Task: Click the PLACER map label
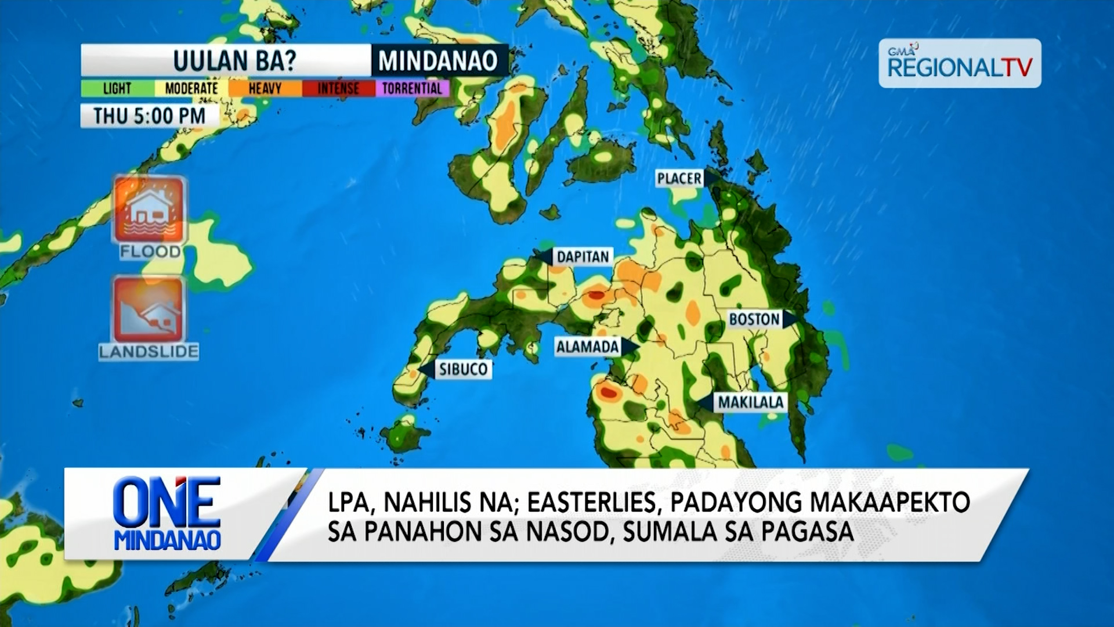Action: click(x=679, y=179)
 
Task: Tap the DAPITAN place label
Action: click(x=583, y=257)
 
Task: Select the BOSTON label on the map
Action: click(x=754, y=319)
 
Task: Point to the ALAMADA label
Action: click(x=587, y=347)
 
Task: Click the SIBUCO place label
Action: click(x=463, y=369)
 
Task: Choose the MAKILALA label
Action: click(x=751, y=402)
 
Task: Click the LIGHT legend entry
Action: click(x=117, y=88)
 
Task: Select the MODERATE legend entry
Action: click(x=191, y=88)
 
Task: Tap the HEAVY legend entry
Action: click(x=265, y=88)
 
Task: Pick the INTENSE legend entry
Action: click(x=338, y=88)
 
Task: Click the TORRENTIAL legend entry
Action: click(x=412, y=88)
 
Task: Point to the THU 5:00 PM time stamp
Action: click(x=150, y=116)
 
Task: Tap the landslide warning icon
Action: click(x=149, y=309)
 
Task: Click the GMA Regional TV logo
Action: click(x=960, y=63)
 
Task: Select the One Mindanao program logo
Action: click(x=167, y=514)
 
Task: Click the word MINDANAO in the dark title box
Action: click(x=438, y=60)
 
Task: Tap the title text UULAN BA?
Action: click(x=234, y=60)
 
